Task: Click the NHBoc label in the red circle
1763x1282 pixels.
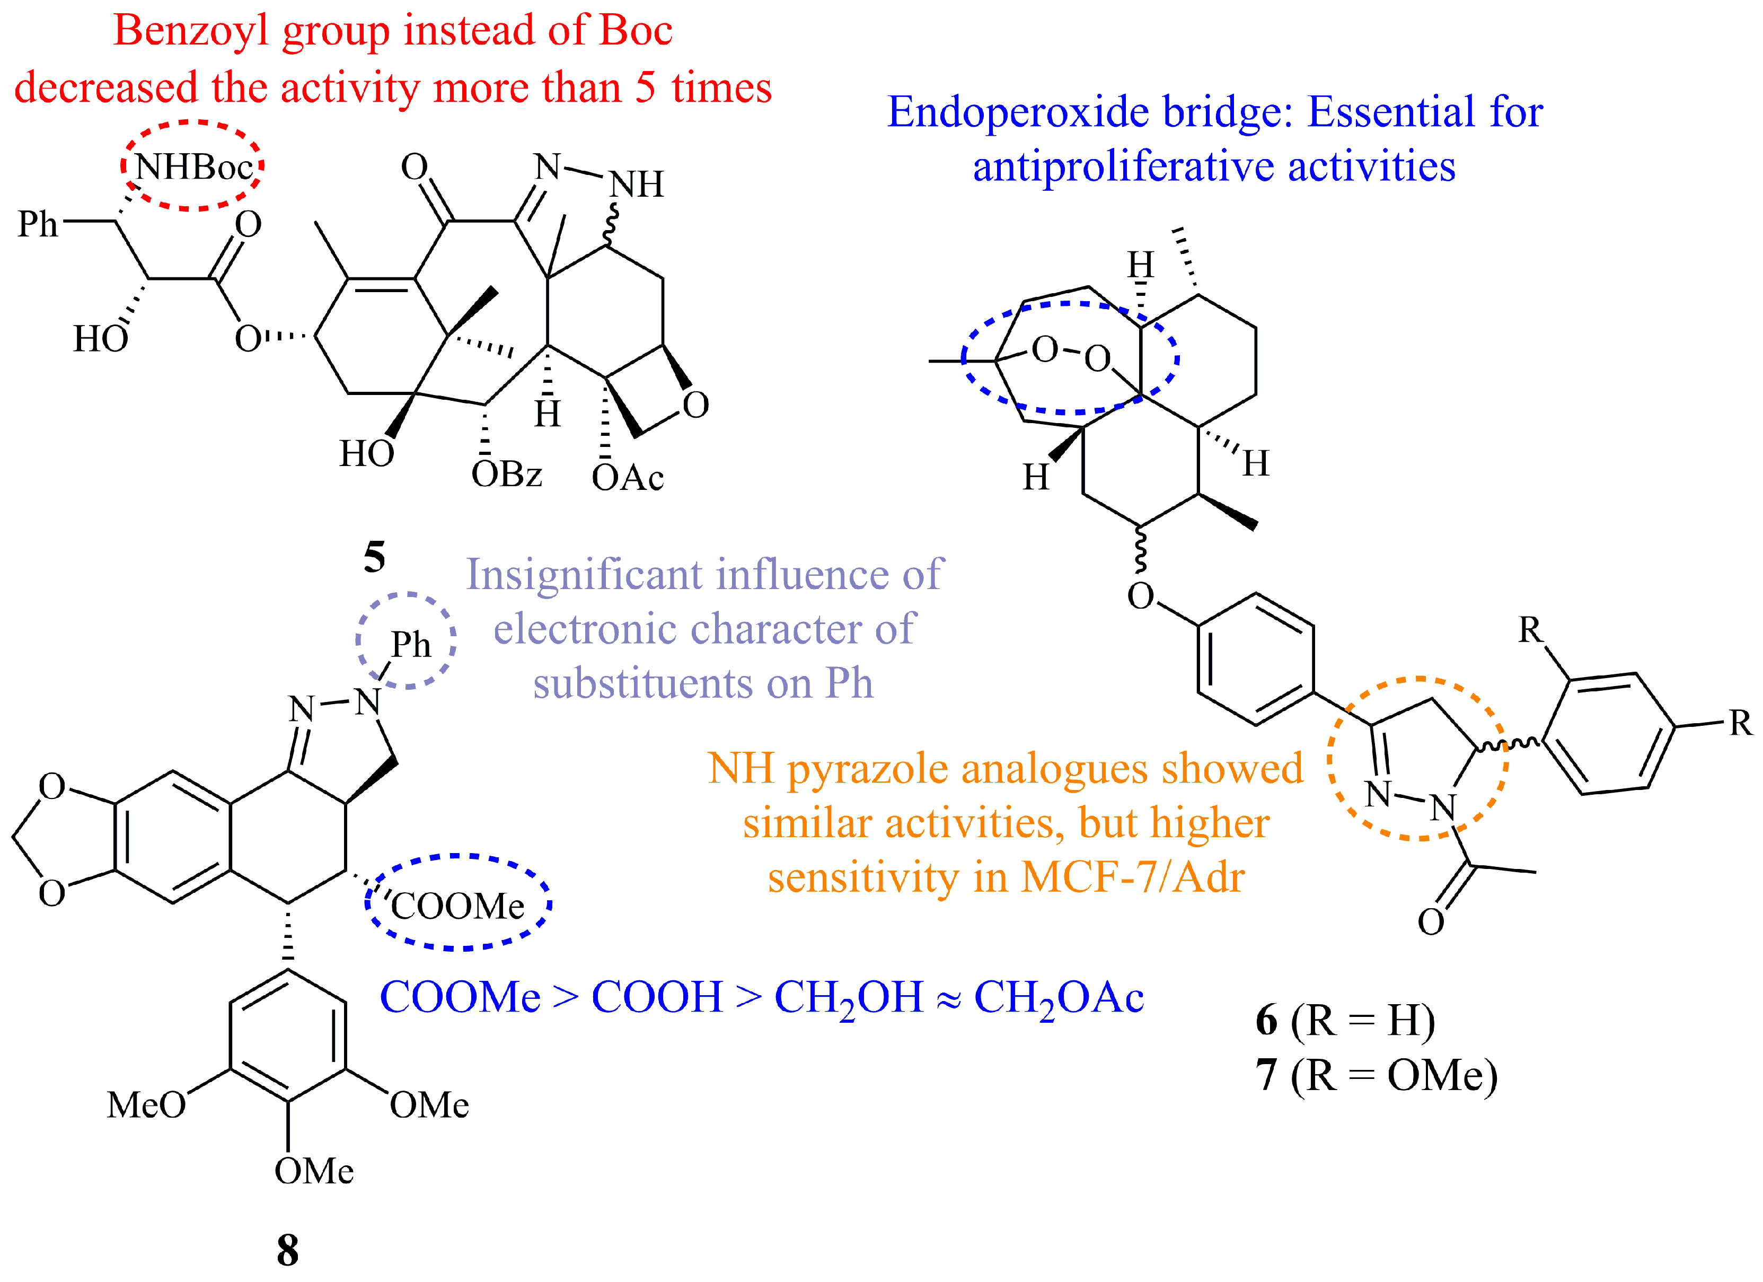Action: (193, 167)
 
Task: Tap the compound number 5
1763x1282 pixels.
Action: (374, 557)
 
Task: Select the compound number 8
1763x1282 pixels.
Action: (288, 1250)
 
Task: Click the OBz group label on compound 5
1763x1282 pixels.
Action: (506, 474)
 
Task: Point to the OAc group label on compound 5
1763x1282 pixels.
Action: (627, 477)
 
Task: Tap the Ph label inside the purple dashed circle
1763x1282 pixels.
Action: (410, 645)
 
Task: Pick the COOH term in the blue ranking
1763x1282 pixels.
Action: (657, 997)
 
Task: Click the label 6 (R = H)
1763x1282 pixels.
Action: (1345, 1020)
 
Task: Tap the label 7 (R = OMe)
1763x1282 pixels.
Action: (1376, 1075)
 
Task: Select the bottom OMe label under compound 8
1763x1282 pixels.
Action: (313, 1171)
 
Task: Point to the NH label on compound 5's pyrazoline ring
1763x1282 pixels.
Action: (636, 185)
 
